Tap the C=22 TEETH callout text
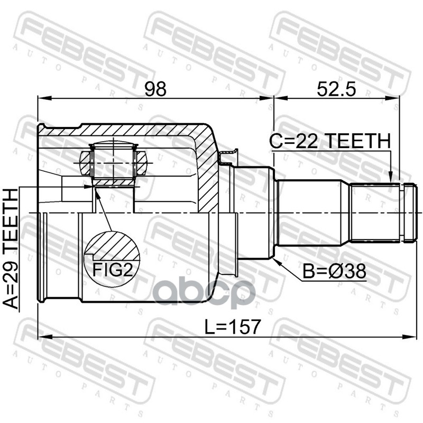point(330,141)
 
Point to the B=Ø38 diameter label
point(334,271)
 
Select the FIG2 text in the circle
point(113,269)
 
